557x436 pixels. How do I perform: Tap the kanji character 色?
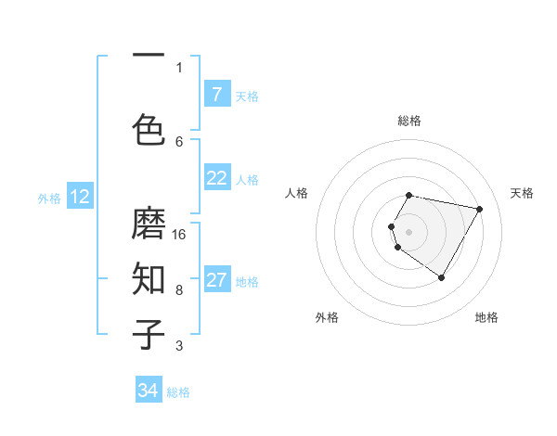tap(149, 129)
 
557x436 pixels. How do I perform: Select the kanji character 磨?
tap(149, 224)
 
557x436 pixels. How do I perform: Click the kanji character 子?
tap(149, 335)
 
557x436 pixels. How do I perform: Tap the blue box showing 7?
tap(216, 95)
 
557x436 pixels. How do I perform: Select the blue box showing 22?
tap(216, 178)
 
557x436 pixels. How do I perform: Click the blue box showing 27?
tap(216, 280)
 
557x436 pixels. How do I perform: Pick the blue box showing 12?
tap(79, 197)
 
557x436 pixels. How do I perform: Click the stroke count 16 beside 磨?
tap(180, 234)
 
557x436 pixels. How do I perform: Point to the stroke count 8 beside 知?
tap(179, 289)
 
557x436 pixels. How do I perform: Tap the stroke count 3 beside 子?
tap(179, 346)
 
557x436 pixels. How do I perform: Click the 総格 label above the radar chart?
tap(409, 121)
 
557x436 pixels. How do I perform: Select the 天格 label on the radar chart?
tap(522, 193)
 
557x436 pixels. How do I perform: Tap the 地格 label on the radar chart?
tap(486, 317)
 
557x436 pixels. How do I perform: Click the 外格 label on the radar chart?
tap(327, 317)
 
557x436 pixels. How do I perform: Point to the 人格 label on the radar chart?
tap(297, 193)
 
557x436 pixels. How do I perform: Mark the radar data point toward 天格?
tap(479, 209)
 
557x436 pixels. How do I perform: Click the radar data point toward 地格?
tap(441, 277)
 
